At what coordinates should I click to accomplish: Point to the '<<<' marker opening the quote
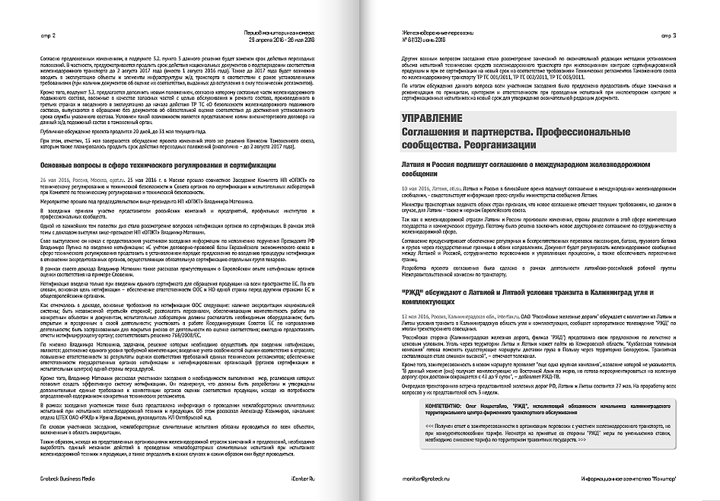click(x=430, y=427)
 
